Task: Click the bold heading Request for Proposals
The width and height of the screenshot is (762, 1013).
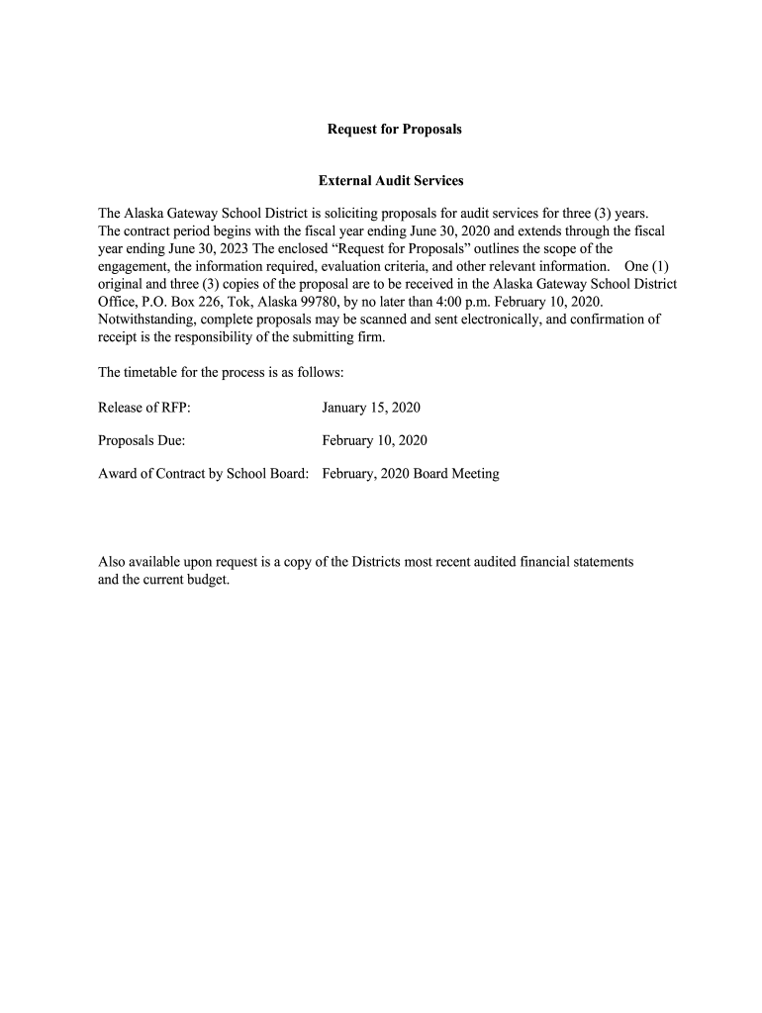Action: pos(395,130)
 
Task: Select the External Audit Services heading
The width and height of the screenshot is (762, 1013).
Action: pos(391,181)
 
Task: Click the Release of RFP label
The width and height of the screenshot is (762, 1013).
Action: pos(143,408)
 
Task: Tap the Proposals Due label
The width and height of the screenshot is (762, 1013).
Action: pos(142,440)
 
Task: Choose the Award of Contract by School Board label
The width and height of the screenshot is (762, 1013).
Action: pos(204,474)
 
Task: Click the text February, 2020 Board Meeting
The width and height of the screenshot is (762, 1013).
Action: pos(411,474)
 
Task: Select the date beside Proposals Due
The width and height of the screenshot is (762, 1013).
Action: pos(375,440)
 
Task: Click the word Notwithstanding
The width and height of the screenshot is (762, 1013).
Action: pos(145,320)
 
